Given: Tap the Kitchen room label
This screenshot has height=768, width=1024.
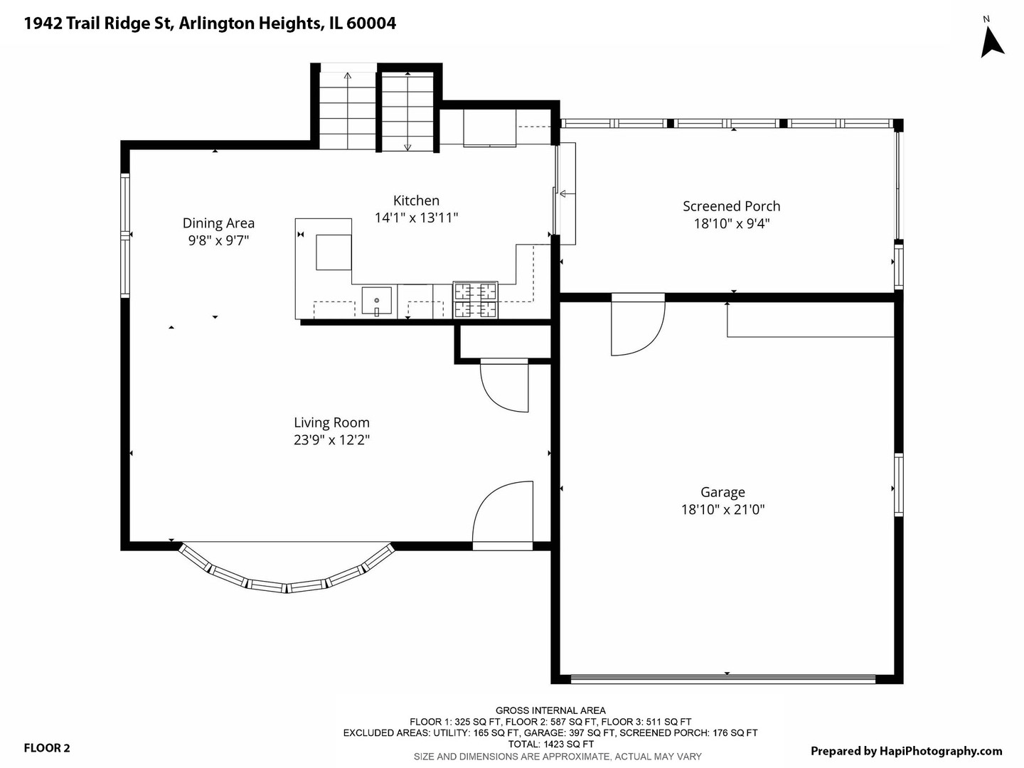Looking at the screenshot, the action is tap(416, 201).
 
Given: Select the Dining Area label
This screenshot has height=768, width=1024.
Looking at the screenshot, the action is tap(218, 223).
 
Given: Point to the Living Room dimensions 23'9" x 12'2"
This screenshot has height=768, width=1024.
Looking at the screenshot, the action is tap(331, 439).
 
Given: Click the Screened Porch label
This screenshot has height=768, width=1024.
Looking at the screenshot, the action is tap(732, 206).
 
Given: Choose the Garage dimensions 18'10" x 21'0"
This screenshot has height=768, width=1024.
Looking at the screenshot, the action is tap(722, 509).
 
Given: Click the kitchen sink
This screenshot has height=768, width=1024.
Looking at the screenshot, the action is tap(376, 302).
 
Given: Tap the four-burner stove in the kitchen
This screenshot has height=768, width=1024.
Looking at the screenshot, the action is tap(476, 300).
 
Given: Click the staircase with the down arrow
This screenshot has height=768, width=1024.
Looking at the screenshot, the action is tap(407, 112).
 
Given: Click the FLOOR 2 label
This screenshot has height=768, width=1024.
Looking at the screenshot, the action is tap(47, 748).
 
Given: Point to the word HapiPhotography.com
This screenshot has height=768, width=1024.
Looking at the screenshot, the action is tap(941, 751).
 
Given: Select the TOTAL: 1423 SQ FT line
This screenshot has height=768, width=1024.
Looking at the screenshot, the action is tap(550, 745).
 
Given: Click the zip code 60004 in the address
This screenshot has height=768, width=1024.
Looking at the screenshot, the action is tap(371, 23).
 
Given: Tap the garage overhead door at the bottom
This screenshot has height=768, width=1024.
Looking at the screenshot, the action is tap(723, 679).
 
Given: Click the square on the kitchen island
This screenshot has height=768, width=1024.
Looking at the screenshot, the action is tap(334, 252).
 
